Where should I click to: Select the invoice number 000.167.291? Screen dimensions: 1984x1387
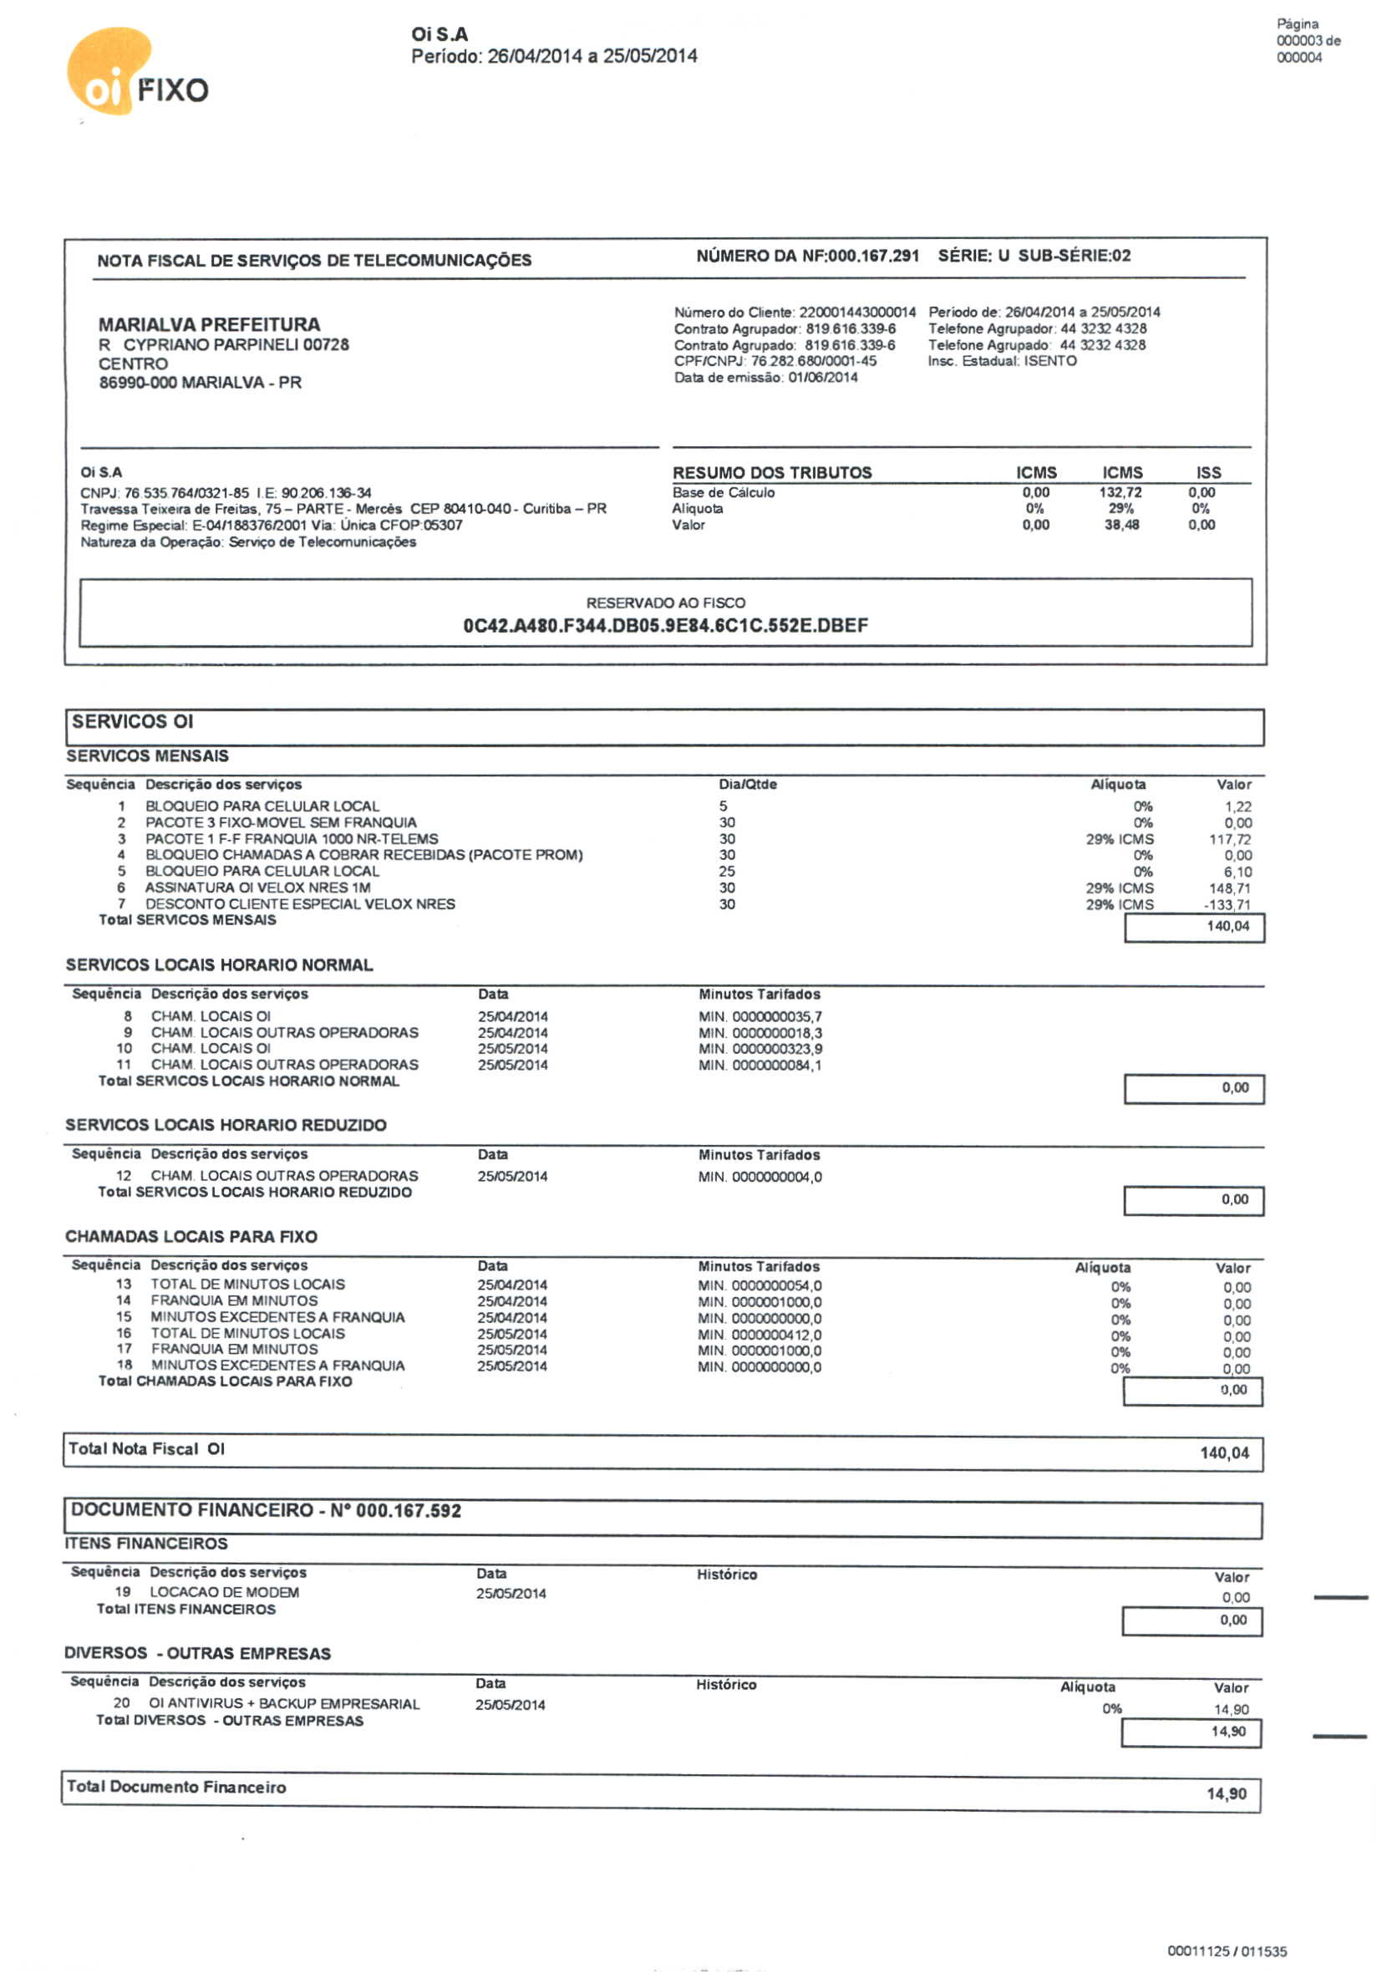pyautogui.click(x=873, y=256)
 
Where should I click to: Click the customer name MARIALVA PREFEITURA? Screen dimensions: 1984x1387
pyautogui.click(x=209, y=325)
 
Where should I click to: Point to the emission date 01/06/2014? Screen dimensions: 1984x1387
pyautogui.click(x=823, y=378)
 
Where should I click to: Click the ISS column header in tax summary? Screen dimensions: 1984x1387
pyautogui.click(x=1208, y=473)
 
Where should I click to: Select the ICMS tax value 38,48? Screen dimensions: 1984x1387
pyautogui.click(x=1120, y=526)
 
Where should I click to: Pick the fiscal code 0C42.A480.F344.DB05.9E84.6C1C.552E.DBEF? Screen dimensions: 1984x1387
pyautogui.click(x=665, y=626)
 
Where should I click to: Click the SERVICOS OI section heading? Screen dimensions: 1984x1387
pyautogui.click(x=132, y=721)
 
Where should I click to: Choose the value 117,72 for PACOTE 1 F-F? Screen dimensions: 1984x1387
pyautogui.click(x=1230, y=839)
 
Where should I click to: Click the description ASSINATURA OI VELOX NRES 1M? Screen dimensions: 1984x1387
pyautogui.click(x=257, y=888)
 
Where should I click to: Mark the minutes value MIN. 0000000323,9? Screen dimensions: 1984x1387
pyautogui.click(x=760, y=1049)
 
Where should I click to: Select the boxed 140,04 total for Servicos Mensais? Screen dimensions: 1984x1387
pyautogui.click(x=1228, y=926)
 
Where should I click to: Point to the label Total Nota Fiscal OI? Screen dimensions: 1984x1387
pyautogui.click(x=147, y=1449)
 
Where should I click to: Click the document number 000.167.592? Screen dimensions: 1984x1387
pyautogui.click(x=409, y=1510)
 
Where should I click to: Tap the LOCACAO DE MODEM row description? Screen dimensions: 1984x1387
pyautogui.click(x=225, y=1592)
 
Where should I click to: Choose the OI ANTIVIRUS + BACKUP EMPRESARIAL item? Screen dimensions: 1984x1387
pyautogui.click(x=284, y=1703)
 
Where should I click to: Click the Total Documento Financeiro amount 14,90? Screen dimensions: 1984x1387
pyautogui.click(x=1227, y=1794)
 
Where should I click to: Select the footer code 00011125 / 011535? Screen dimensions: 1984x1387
pyautogui.click(x=1227, y=1951)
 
